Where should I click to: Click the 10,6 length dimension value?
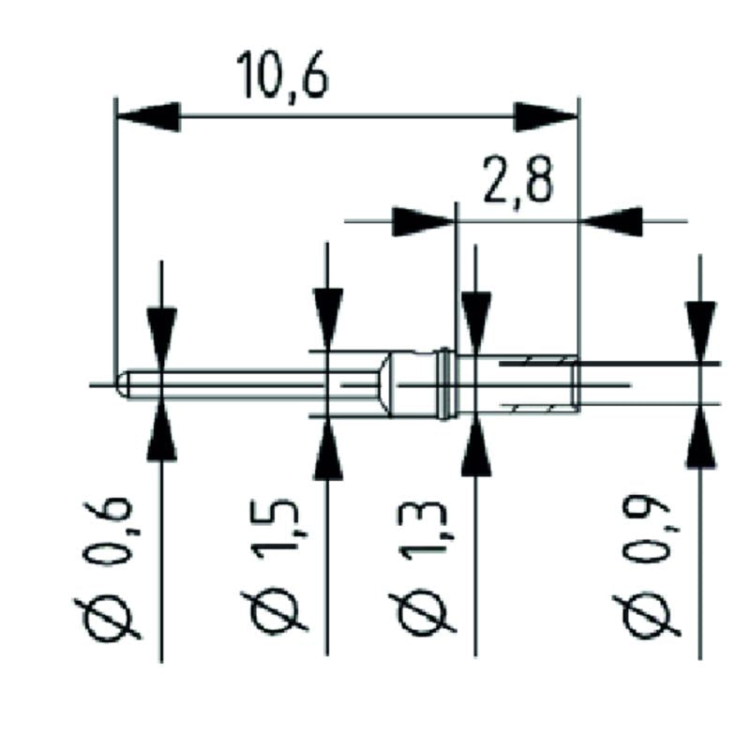[x=282, y=76]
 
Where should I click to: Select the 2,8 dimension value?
[x=517, y=182]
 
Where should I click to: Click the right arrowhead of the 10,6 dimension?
[x=546, y=117]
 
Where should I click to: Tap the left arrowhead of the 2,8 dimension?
[x=423, y=222]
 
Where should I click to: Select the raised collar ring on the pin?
[x=446, y=383]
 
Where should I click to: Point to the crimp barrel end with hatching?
[x=539, y=382]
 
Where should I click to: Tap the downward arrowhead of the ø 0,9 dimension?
[x=700, y=331]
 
